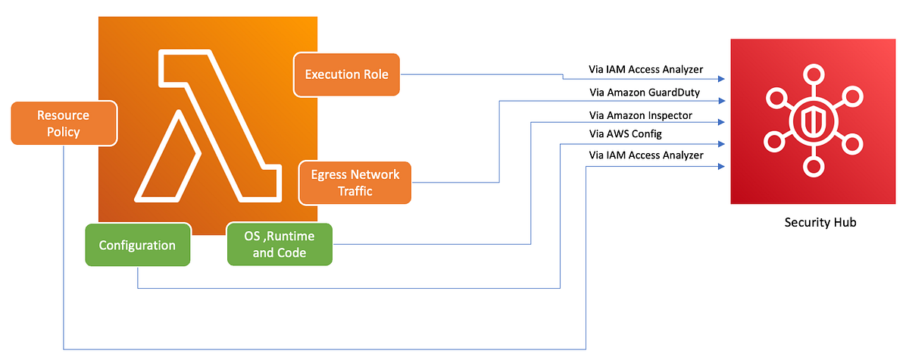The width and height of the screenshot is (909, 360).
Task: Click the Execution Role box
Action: pos(346,74)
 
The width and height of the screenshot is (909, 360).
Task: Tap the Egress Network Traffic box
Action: pos(355,183)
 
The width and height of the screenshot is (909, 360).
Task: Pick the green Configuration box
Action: pos(137,246)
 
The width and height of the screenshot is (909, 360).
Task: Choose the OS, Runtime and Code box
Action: pos(280,244)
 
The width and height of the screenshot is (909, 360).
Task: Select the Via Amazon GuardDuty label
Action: pos(644,92)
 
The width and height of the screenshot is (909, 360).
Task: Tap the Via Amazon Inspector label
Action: pos(641,115)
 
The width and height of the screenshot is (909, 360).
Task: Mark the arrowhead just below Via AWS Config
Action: pos(724,144)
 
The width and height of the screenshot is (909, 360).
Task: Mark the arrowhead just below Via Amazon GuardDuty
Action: pos(724,100)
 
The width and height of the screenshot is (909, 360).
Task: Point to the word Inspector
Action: pos(670,115)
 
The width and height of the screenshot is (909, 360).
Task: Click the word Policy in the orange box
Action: pos(64,132)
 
